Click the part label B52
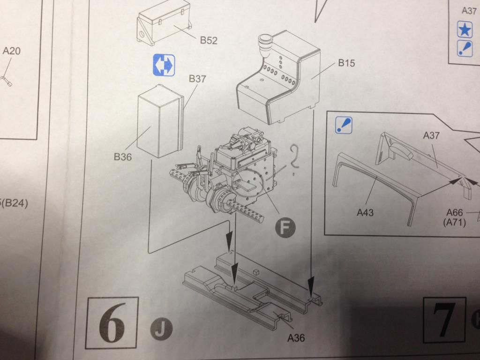coord(209,40)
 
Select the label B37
coord(197,79)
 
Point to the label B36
coord(123,157)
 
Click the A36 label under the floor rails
coord(295,337)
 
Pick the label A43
coord(365,213)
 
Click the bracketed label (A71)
coord(454,223)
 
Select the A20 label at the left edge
coord(12,51)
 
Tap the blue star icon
coord(465,31)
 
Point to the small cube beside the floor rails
coord(256,271)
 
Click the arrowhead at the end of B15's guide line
coord(311,285)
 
